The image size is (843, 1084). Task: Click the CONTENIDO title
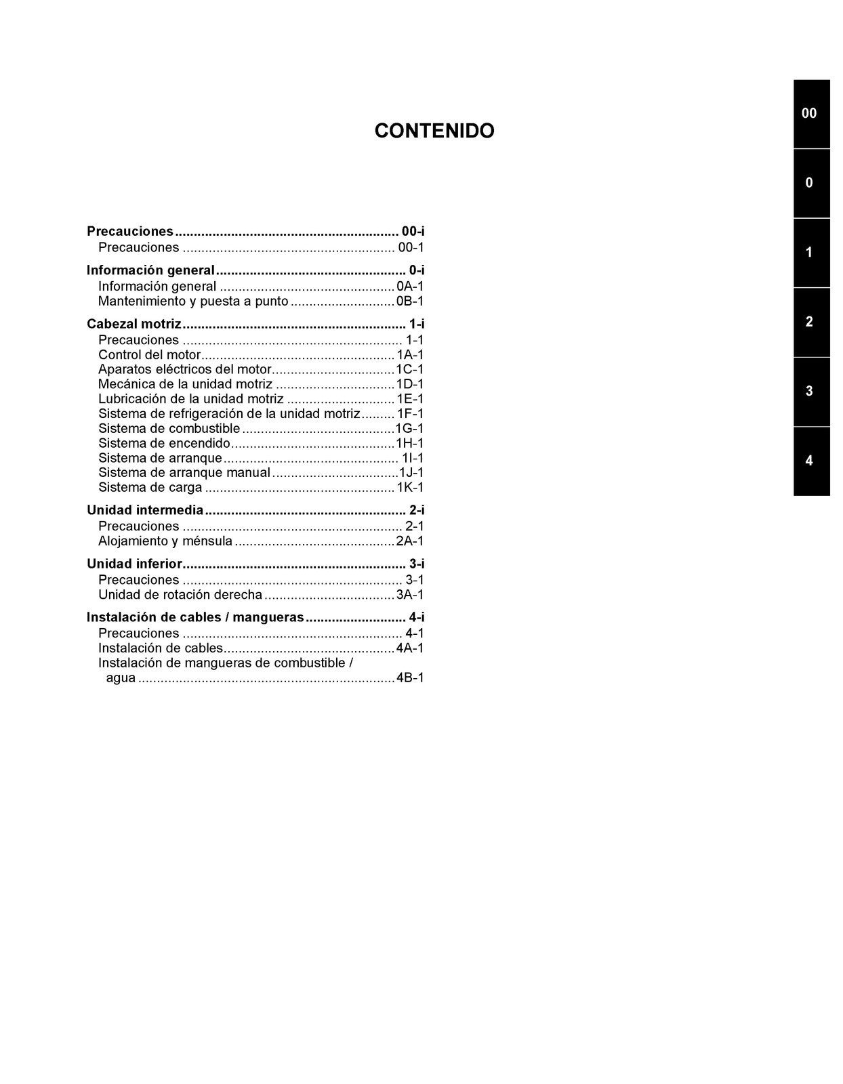(434, 131)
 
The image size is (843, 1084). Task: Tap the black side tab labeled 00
(811, 114)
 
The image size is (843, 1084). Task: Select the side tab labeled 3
(811, 392)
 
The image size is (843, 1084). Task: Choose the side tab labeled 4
(811, 461)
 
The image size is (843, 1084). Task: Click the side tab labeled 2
(811, 322)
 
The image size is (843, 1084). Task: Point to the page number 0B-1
(410, 301)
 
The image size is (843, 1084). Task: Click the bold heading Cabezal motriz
(134, 325)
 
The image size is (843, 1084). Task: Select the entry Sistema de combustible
(169, 429)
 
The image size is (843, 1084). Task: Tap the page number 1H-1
(410, 444)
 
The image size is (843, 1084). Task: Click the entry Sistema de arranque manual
(184, 473)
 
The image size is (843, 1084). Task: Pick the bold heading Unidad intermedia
(145, 510)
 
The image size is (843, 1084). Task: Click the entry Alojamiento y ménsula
(165, 541)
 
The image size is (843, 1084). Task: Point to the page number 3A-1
(410, 595)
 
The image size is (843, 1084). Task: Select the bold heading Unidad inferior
(135, 564)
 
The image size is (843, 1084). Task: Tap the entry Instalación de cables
(161, 648)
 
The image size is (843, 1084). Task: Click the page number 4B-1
(410, 678)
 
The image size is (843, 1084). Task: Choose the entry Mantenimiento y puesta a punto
(193, 301)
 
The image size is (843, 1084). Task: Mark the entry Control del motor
(150, 355)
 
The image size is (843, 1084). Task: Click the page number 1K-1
(410, 488)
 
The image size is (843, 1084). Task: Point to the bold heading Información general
(150, 270)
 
